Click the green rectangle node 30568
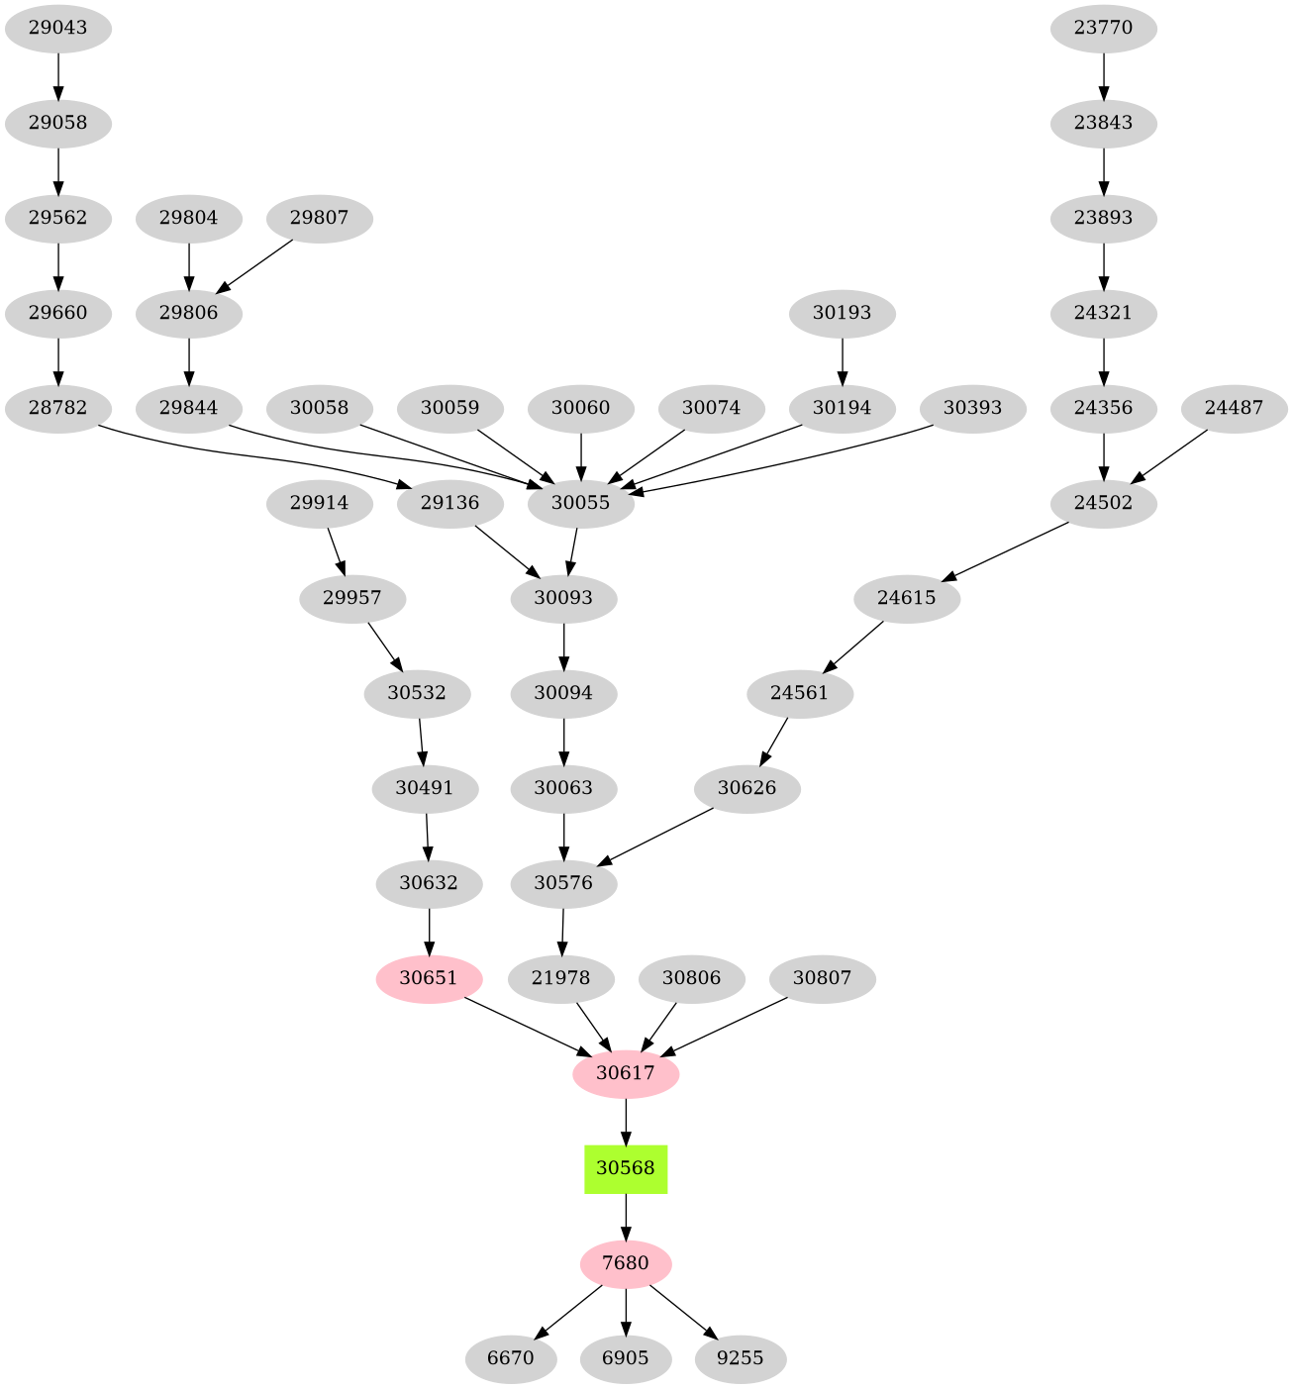click(x=626, y=1168)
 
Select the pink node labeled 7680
click(x=626, y=1263)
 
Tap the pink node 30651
click(x=429, y=978)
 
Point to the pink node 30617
click(x=626, y=1072)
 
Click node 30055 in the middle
click(x=580, y=503)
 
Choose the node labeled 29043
click(x=57, y=28)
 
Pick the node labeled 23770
click(x=1103, y=28)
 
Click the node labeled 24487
click(x=1234, y=407)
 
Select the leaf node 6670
click(x=511, y=1357)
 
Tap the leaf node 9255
click(x=741, y=1357)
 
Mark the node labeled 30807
click(x=823, y=978)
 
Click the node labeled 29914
click(x=320, y=503)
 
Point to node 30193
click(x=842, y=313)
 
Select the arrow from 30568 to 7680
click(x=626, y=1217)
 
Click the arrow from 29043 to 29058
click(x=57, y=76)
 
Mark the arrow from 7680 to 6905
click(x=626, y=1311)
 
